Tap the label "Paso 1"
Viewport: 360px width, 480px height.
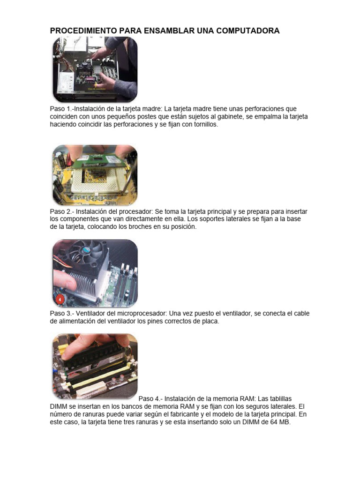[60, 109]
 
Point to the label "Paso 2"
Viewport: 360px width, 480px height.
[60, 211]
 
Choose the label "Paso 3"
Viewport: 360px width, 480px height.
[60, 313]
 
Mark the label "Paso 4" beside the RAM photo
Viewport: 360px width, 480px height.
[149, 398]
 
